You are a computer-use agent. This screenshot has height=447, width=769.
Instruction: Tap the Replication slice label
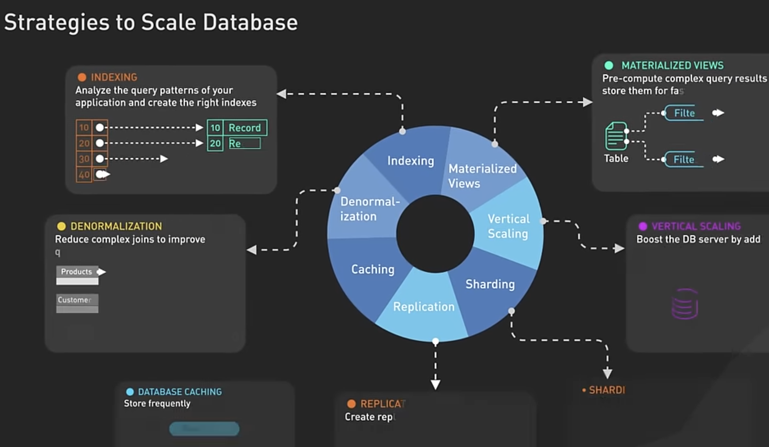click(424, 307)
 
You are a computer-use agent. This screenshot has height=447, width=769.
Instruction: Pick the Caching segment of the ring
click(373, 270)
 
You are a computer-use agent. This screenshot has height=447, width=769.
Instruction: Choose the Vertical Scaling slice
click(508, 226)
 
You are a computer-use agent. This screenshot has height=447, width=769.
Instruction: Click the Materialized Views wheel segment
click(482, 176)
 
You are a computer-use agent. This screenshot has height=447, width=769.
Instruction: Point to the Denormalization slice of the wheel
click(369, 209)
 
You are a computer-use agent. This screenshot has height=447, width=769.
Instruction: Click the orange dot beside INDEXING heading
click(82, 77)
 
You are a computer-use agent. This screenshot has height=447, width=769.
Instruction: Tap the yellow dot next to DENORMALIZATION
click(61, 226)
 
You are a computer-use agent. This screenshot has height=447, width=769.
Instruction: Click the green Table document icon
click(616, 136)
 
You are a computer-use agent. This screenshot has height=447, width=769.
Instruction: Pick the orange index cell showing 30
click(84, 159)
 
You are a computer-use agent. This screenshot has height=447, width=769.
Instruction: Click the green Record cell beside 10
click(244, 128)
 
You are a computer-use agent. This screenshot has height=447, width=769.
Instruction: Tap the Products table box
click(77, 272)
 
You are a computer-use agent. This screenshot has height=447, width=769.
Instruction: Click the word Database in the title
click(250, 23)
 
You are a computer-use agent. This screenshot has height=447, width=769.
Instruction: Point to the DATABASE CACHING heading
click(180, 392)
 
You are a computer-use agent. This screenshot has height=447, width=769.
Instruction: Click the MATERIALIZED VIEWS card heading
click(672, 66)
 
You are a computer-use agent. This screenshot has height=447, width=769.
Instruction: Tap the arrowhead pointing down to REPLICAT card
click(435, 384)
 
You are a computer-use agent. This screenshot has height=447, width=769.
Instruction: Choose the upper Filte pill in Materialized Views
click(684, 113)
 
